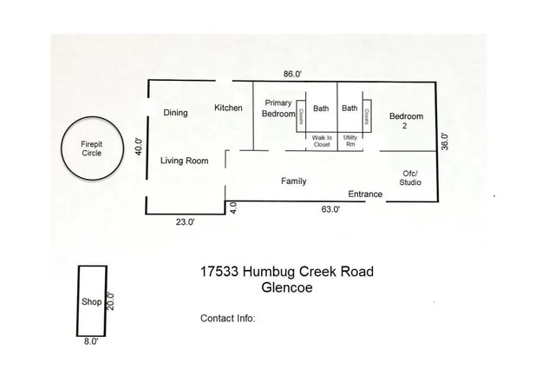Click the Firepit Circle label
92,148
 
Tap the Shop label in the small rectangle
91,301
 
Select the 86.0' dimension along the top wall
292,74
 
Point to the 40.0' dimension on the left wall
139,147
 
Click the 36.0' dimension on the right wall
445,142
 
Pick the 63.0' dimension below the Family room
330,209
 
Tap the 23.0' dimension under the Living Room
186,222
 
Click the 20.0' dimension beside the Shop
111,301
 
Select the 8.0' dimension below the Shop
91,341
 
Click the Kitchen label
228,108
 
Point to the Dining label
175,113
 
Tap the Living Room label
185,161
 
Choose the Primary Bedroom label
278,109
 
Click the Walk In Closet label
322,141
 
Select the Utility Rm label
350,141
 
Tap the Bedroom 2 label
406,121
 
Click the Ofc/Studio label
410,178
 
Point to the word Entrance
365,194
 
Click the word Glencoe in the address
287,287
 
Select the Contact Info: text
227,319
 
